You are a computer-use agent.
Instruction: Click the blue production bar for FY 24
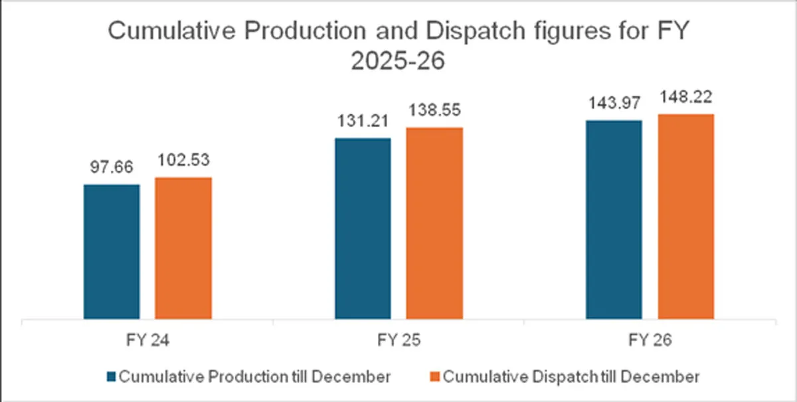click(x=112, y=252)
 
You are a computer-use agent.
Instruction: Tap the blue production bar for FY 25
click(x=363, y=229)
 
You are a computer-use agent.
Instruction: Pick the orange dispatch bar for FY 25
click(x=434, y=223)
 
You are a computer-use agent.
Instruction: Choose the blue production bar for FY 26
click(x=614, y=220)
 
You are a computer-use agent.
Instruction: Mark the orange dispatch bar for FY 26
click(x=685, y=217)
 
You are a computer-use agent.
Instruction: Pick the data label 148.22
click(x=685, y=98)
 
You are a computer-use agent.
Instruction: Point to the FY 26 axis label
click(x=650, y=340)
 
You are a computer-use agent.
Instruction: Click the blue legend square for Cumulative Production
click(x=111, y=377)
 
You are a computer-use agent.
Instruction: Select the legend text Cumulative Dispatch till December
click(x=571, y=377)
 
